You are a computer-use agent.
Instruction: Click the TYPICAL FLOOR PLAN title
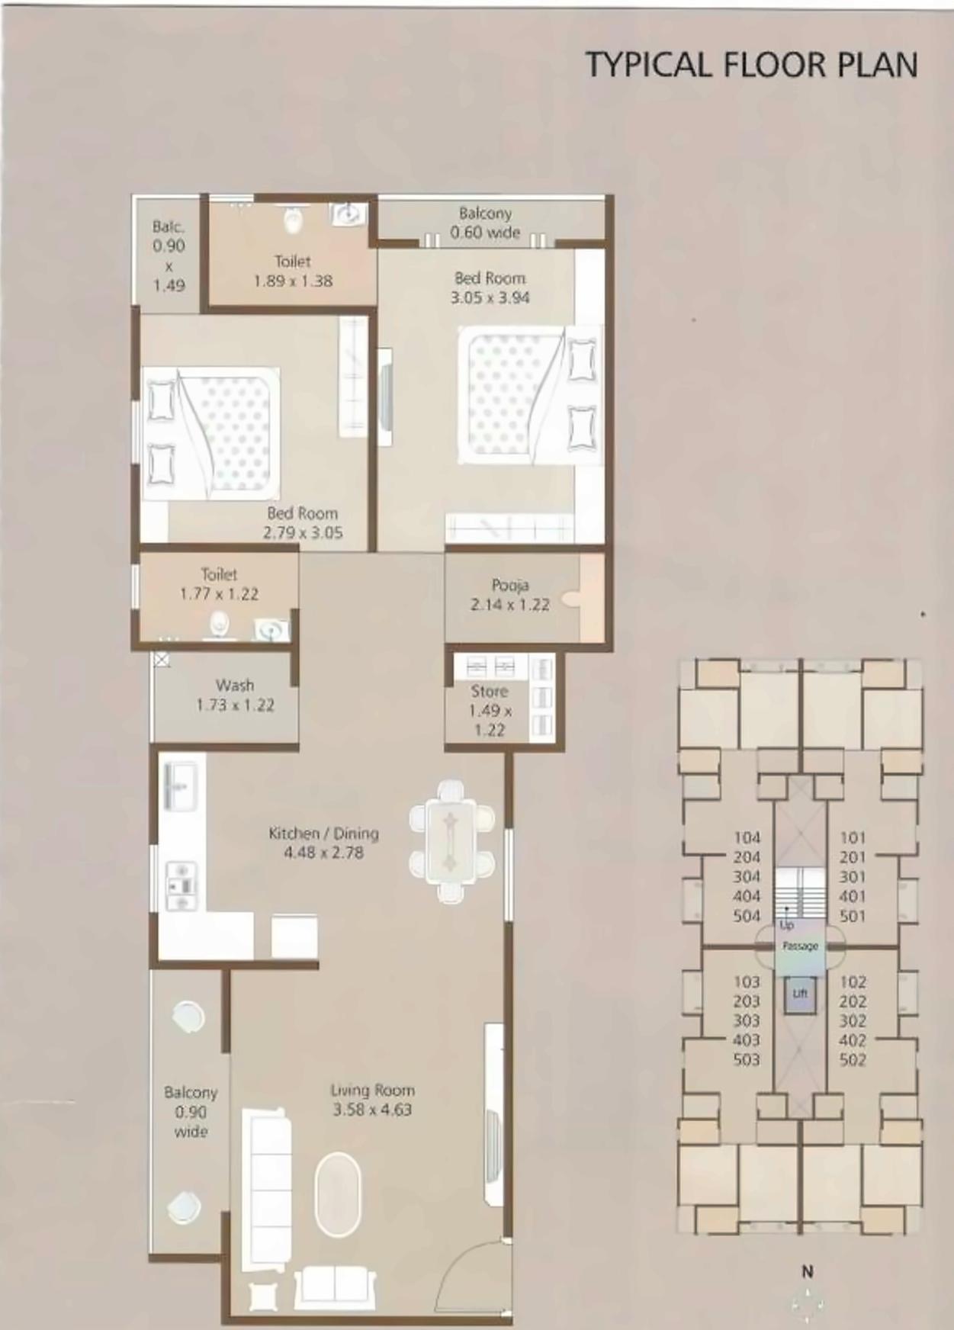coord(751,64)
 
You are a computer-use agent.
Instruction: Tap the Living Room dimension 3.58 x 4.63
coord(372,1110)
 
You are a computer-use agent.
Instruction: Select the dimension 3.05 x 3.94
coord(490,298)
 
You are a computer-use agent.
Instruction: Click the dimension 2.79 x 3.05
coord(303,533)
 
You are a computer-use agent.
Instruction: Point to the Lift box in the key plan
coord(800,994)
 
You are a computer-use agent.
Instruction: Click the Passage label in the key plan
coord(800,946)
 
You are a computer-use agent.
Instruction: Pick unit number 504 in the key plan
coord(747,916)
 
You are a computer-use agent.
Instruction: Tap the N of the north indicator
coord(808,1271)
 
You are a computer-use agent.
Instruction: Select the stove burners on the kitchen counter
coord(181,885)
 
